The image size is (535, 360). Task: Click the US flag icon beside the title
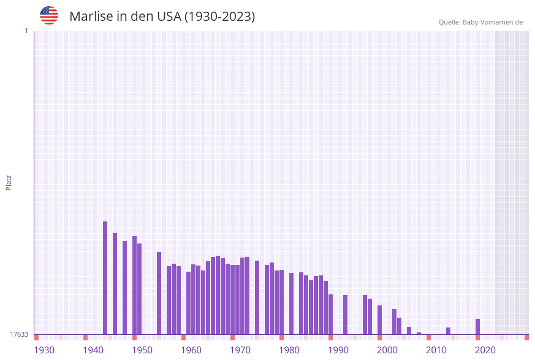(x=49, y=15)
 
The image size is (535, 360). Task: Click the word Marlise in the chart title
(x=91, y=17)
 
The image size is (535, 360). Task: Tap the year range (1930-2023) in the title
(x=219, y=17)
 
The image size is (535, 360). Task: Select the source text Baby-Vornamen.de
(x=492, y=22)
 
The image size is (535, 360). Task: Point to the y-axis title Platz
(x=9, y=182)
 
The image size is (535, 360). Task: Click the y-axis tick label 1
(x=26, y=31)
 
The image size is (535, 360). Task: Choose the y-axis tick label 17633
(x=19, y=334)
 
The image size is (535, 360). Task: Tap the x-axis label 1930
(x=44, y=350)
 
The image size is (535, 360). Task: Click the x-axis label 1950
(x=142, y=350)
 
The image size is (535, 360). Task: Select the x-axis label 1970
(x=240, y=350)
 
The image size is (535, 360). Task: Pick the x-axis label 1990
(x=338, y=350)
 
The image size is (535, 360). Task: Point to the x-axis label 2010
(x=436, y=350)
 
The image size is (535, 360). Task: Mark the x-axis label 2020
(x=485, y=350)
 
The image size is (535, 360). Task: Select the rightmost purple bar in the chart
(x=478, y=326)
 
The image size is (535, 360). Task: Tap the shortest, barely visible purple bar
(x=419, y=333)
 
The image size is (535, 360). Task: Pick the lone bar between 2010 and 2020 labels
(x=449, y=331)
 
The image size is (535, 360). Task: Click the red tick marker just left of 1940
(x=86, y=337)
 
